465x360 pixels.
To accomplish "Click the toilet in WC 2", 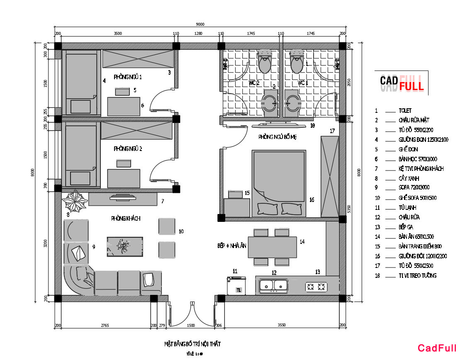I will click(264, 61).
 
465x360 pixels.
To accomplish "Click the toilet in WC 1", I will click(297, 61).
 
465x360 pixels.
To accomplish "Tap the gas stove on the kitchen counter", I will click(316, 286).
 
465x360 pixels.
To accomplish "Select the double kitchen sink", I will click(273, 285).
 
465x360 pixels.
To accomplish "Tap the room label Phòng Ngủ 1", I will click(128, 77).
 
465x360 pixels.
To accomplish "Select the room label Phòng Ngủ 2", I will click(128, 148).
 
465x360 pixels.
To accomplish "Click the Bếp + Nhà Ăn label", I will click(232, 246).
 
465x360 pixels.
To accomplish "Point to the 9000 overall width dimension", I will click(200, 24).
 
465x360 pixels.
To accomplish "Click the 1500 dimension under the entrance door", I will click(191, 326).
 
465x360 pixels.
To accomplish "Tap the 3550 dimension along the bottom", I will click(282, 326).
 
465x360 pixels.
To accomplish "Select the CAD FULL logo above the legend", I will click(401, 83).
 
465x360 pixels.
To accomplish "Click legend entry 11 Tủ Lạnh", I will click(407, 208).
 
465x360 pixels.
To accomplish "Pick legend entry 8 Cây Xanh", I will click(408, 179).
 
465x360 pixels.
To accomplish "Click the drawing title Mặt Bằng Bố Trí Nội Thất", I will click(192, 344).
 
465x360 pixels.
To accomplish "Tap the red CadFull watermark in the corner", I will click(437, 348).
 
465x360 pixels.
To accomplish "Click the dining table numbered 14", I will click(274, 247).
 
